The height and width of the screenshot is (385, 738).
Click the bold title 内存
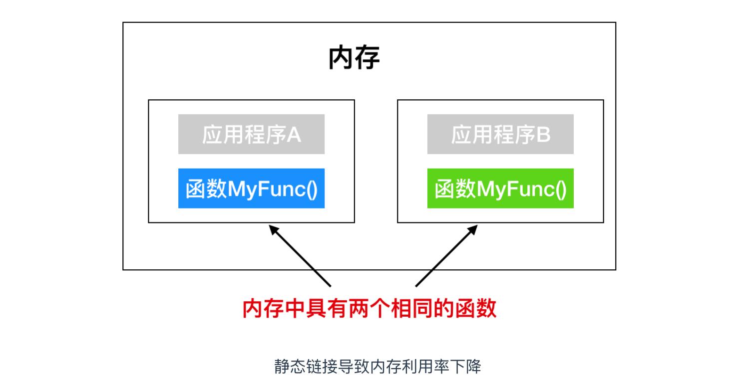tap(354, 58)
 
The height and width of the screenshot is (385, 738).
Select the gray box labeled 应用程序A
tap(251, 134)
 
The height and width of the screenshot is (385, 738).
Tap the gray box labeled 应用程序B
tap(500, 134)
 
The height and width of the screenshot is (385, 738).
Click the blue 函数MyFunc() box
tap(251, 189)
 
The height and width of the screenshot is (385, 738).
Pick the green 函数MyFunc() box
tap(500, 189)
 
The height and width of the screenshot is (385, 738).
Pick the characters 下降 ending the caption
tap(467, 367)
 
